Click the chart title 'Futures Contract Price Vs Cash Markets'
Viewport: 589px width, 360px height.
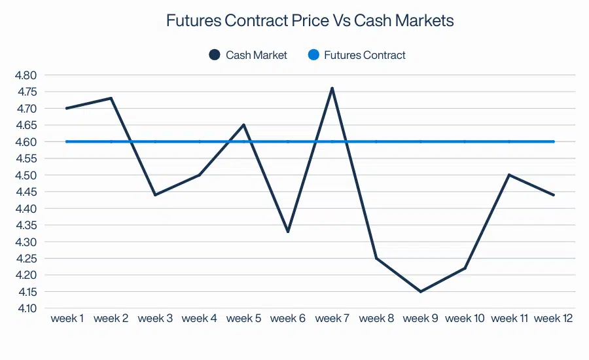[x=310, y=21]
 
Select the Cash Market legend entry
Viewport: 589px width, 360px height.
[x=248, y=55]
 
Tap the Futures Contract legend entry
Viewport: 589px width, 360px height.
[x=357, y=55]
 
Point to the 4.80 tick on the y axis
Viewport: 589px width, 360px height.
[x=26, y=75]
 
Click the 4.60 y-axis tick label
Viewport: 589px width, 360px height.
[x=26, y=142]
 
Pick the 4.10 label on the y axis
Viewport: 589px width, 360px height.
[x=26, y=308]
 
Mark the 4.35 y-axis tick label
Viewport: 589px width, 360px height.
[x=26, y=225]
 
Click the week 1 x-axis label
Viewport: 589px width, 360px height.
[x=67, y=319]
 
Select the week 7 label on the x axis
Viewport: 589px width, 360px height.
[x=332, y=319]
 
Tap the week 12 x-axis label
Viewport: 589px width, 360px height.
[x=554, y=319]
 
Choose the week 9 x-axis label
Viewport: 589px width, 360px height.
[x=421, y=319]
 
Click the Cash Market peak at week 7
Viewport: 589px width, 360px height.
[x=332, y=88]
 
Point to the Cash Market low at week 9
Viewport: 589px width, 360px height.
[x=421, y=291]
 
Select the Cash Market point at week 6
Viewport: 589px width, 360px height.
[x=288, y=232]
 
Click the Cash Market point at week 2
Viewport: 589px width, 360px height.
[x=111, y=98]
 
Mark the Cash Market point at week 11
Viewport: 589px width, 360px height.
[x=509, y=175]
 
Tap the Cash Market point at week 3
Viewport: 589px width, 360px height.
[x=155, y=195]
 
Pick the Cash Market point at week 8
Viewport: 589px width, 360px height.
[x=376, y=258]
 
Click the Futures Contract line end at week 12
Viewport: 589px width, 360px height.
[x=554, y=141]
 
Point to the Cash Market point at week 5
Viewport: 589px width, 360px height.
[x=243, y=125]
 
